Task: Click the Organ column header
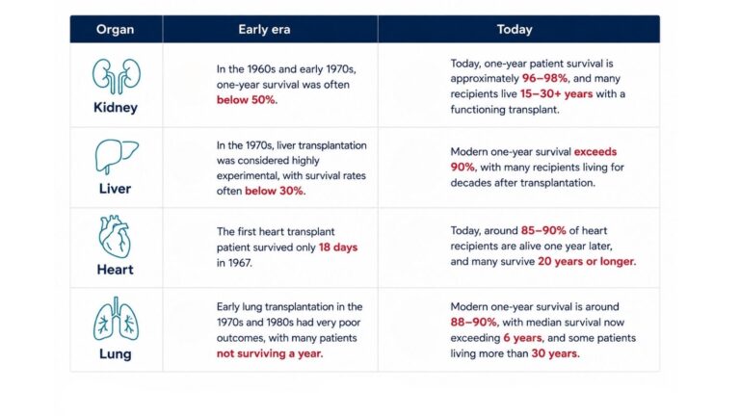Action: click(x=116, y=29)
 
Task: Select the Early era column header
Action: click(x=264, y=29)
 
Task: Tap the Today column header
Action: click(x=515, y=29)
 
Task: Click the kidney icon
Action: click(x=116, y=76)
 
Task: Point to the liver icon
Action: click(x=116, y=157)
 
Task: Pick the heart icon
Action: click(x=115, y=236)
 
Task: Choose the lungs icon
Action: click(x=116, y=319)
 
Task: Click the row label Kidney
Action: click(x=116, y=108)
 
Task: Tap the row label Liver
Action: click(x=116, y=189)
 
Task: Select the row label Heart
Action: click(x=116, y=270)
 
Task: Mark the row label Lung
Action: click(x=116, y=354)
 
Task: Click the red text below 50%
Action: click(x=246, y=100)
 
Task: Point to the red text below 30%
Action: click(x=275, y=191)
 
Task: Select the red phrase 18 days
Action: click(x=338, y=247)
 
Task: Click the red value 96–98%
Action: click(x=544, y=78)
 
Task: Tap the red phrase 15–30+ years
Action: click(x=556, y=93)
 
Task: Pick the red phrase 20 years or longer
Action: click(x=586, y=261)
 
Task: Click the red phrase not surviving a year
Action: click(x=269, y=353)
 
